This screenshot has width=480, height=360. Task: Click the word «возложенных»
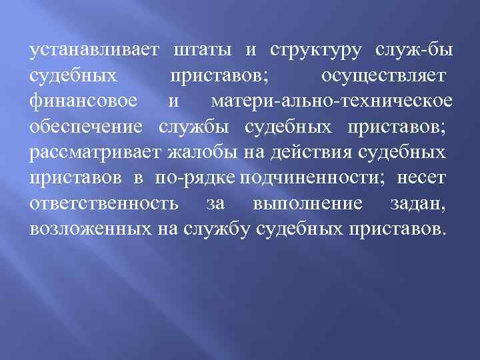click(x=89, y=229)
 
